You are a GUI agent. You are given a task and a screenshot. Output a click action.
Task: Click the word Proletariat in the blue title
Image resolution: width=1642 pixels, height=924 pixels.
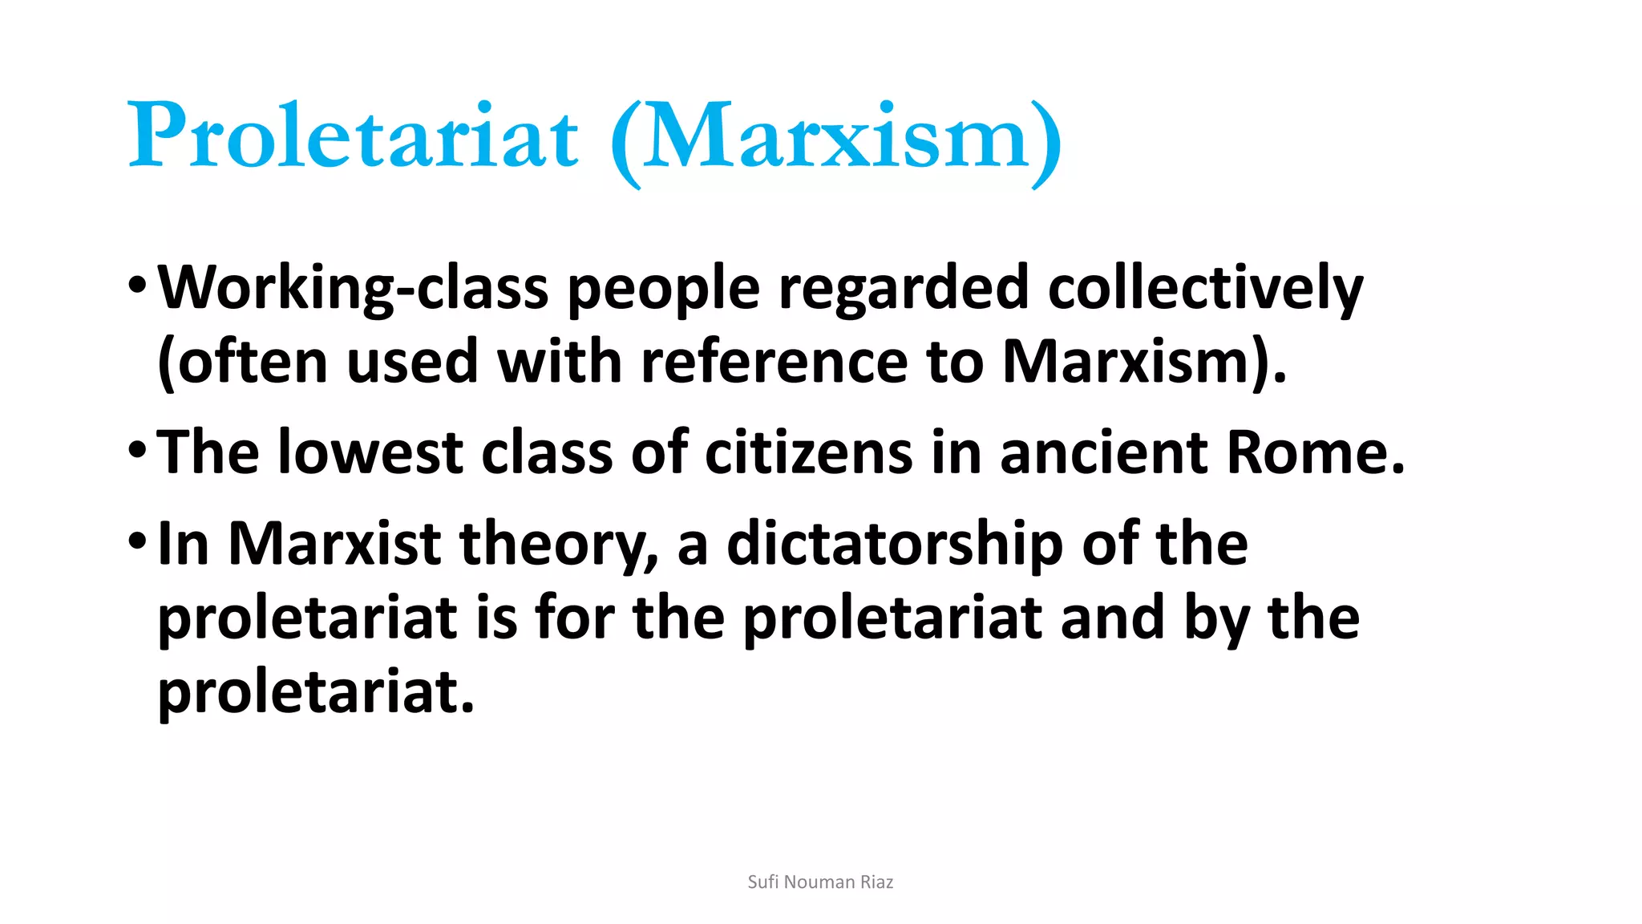[x=353, y=135]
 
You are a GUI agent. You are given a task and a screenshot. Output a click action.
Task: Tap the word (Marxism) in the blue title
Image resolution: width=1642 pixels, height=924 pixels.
[x=836, y=138]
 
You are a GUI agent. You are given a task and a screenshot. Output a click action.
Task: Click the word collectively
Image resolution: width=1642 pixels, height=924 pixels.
[x=1205, y=288]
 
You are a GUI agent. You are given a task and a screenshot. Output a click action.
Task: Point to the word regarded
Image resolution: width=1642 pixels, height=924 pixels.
[x=904, y=288]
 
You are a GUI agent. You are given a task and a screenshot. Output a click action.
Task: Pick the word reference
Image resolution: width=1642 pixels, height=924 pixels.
[x=774, y=362]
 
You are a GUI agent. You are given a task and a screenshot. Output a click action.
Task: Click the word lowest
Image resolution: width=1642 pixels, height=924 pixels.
[x=370, y=452]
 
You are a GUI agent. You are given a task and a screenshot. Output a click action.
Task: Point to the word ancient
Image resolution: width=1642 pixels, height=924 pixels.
[x=1104, y=452]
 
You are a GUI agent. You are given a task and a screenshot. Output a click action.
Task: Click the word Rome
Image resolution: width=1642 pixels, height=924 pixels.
[x=1315, y=452]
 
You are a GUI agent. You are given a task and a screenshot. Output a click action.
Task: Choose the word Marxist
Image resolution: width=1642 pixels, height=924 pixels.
[x=334, y=544]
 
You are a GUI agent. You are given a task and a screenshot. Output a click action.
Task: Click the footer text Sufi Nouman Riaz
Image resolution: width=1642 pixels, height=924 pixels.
[x=820, y=882]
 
